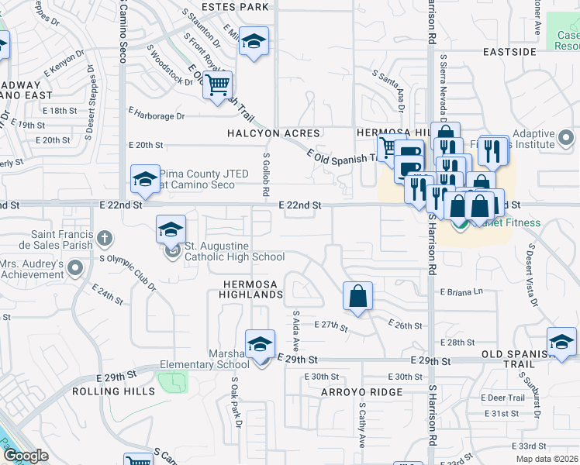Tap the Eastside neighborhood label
click(x=509, y=52)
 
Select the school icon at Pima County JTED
click(x=144, y=180)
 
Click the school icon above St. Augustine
click(x=171, y=229)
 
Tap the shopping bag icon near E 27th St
click(x=357, y=295)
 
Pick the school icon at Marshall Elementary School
click(x=260, y=343)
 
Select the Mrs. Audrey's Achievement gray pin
click(x=75, y=268)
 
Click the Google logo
click(x=25, y=456)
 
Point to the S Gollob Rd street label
click(x=265, y=168)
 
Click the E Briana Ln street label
click(x=461, y=292)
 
